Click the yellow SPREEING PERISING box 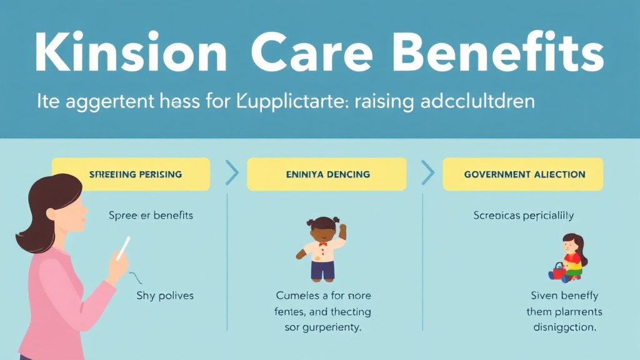[x=131, y=174]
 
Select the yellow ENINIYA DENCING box [x=327, y=174]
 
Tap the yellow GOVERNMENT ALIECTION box [x=523, y=174]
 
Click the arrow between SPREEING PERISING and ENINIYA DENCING [x=232, y=173]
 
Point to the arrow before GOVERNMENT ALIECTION [x=429, y=173]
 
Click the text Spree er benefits [x=151, y=215]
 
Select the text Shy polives [x=165, y=295]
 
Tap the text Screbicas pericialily [x=523, y=215]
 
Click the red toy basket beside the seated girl [x=557, y=271]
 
